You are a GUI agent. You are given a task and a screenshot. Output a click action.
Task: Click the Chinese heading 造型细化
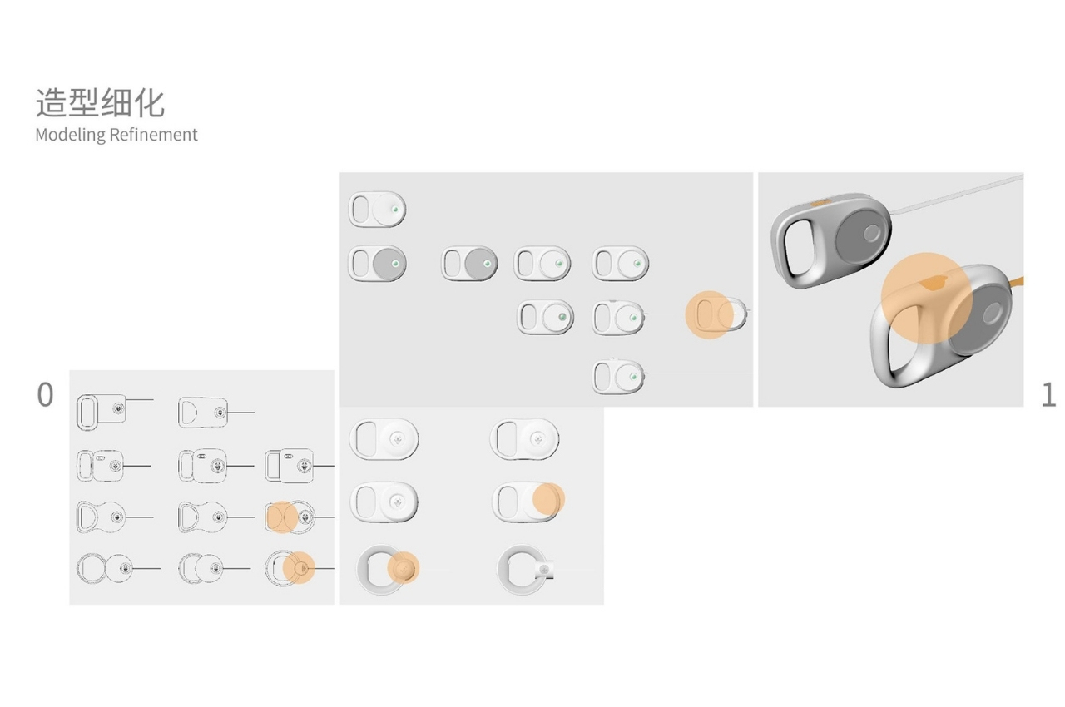coord(101,102)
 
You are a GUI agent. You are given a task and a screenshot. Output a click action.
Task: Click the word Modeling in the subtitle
coord(71,135)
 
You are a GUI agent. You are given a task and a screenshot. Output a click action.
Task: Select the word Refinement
coord(153,135)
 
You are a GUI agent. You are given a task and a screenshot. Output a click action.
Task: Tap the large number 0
coord(45,394)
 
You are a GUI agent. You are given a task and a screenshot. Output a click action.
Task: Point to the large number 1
coord(1048,395)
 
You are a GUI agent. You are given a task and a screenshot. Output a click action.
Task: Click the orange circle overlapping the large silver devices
coord(926,298)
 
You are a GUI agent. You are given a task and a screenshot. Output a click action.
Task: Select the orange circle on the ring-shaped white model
coord(404,567)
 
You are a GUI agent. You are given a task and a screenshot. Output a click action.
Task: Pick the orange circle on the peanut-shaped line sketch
coord(281,517)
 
